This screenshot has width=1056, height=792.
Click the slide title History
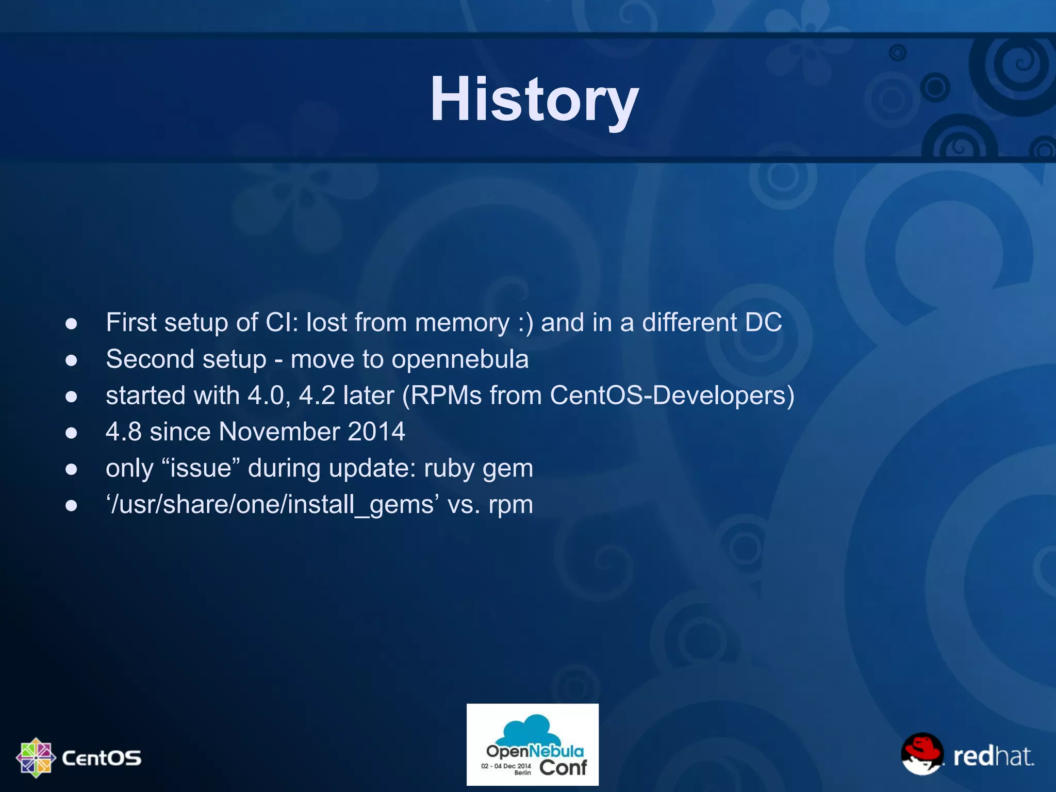click(534, 99)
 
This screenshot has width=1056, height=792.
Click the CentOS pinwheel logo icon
click(36, 757)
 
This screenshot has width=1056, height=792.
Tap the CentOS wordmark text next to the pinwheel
click(101, 758)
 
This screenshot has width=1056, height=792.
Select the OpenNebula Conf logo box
click(533, 745)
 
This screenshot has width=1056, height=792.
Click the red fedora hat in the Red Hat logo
click(921, 747)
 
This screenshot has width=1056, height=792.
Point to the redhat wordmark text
click(993, 756)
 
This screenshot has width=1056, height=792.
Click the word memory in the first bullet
click(462, 323)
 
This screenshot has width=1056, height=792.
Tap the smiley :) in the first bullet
click(525, 323)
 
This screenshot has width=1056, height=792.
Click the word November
click(279, 432)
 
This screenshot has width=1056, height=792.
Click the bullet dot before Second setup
click(71, 360)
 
